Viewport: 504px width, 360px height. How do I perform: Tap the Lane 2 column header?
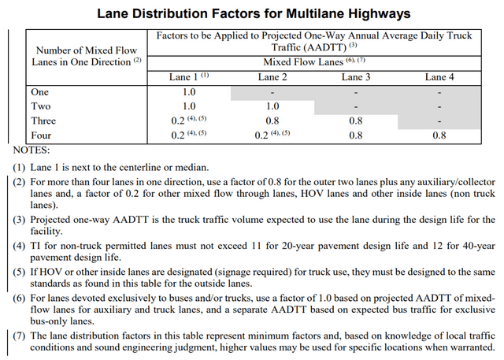272,76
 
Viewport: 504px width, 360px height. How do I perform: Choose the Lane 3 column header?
355,76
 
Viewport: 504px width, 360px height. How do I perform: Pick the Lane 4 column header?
439,76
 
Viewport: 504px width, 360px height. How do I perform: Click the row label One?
39,91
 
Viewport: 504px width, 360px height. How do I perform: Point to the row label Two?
40,106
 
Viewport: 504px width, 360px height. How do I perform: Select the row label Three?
43,120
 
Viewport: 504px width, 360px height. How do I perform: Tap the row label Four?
42,135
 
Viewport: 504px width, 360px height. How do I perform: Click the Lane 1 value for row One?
188,91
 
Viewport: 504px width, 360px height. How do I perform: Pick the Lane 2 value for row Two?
272,106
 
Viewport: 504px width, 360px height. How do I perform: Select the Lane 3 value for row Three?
355,120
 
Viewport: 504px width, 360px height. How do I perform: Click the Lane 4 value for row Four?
439,135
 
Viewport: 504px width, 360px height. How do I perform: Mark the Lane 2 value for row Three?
272,120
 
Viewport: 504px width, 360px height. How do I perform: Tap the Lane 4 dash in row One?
439,91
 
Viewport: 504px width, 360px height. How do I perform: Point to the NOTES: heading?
31,149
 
